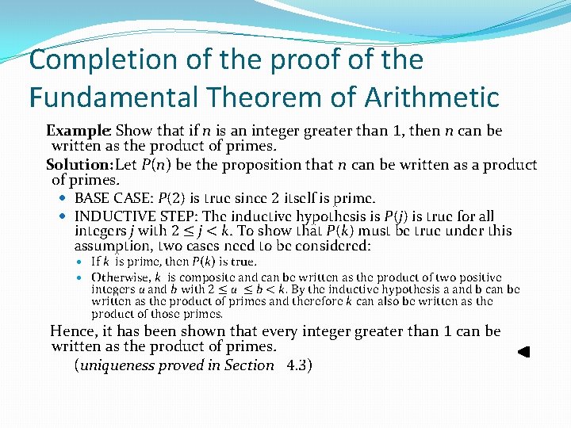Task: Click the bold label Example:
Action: [79, 131]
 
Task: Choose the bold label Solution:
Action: [80, 165]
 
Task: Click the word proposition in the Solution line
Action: [296, 165]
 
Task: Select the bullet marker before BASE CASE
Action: [65, 198]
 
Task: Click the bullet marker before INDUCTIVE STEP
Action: [65, 216]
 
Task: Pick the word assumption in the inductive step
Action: [111, 246]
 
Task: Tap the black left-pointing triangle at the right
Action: [523, 352]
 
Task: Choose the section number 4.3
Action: [299, 365]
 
